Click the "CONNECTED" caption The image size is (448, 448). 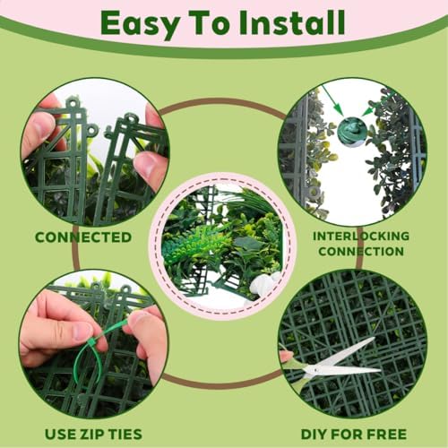point(83,237)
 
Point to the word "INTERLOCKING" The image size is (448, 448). point(361,237)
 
